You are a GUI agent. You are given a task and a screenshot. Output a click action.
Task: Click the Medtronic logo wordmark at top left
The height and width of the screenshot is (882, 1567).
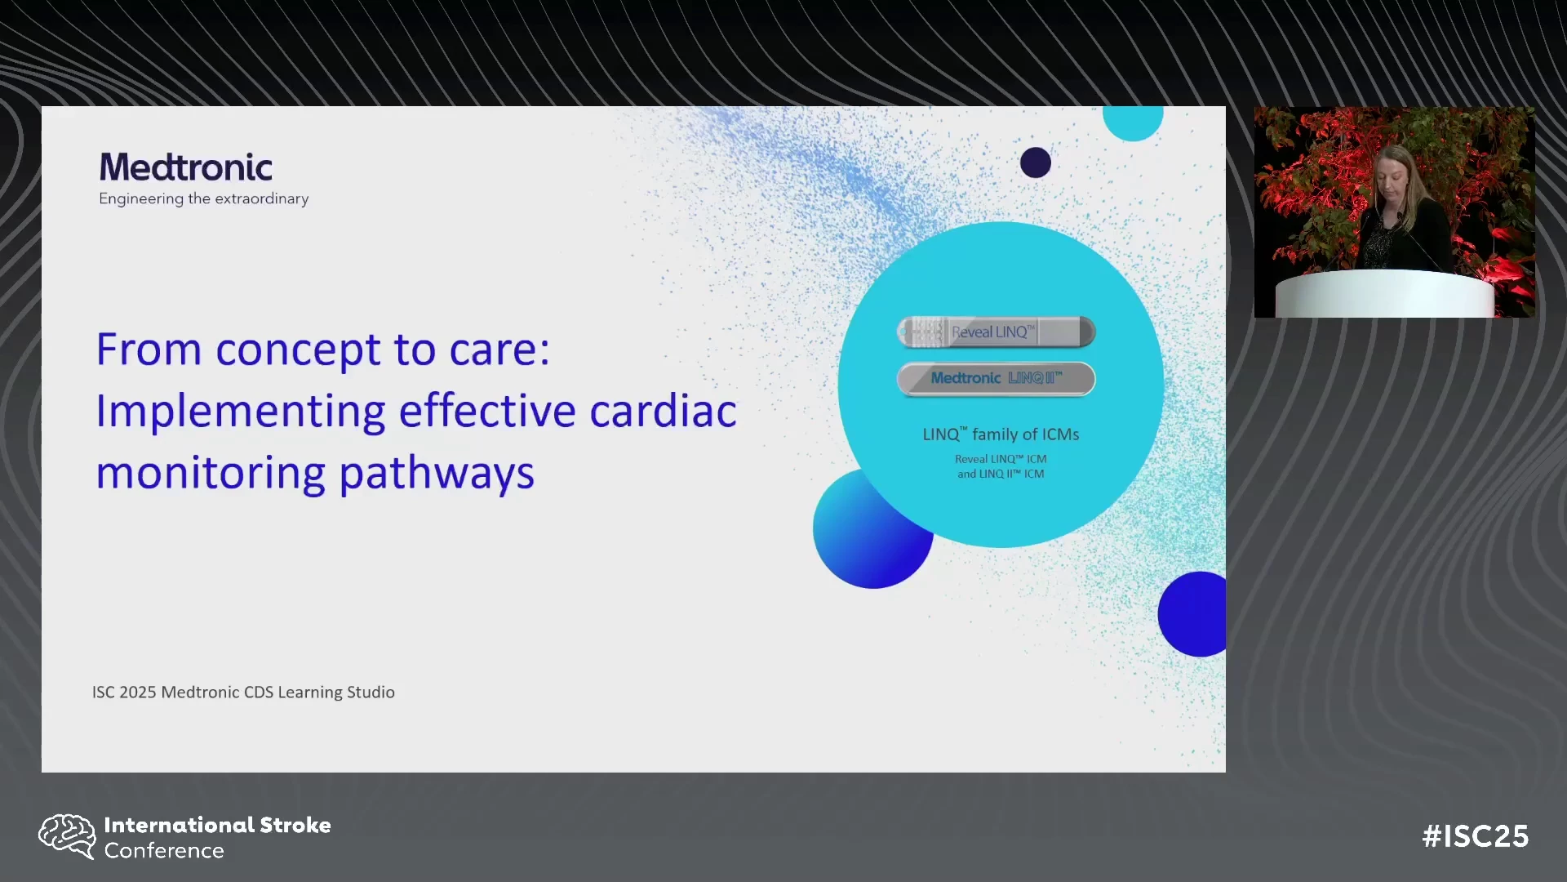tap(186, 167)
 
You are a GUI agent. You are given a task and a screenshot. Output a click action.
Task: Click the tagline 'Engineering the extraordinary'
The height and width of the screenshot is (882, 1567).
tap(204, 198)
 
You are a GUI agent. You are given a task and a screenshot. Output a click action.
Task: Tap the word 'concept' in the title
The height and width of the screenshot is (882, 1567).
tap(298, 350)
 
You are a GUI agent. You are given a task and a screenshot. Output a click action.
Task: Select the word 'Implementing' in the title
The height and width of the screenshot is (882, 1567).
tap(241, 412)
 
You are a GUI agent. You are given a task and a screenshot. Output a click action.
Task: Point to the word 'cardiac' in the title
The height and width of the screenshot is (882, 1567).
tap(663, 410)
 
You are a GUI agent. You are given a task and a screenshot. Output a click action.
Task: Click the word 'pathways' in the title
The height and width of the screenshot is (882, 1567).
tap(437, 474)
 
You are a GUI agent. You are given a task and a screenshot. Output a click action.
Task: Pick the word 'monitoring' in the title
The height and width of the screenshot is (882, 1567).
tap(211, 474)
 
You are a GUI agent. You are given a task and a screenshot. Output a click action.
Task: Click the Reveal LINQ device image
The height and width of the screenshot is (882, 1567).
tap(996, 332)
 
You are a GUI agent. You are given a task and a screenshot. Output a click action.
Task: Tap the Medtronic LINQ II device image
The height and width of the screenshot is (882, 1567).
tap(996, 379)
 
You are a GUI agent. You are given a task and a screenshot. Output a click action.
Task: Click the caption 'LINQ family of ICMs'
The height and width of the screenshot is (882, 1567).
tap(1001, 434)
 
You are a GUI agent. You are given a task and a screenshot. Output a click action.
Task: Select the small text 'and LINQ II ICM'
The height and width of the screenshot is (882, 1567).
tap(1001, 474)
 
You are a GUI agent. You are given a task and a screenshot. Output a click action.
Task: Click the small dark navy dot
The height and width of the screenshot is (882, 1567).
tap(1036, 163)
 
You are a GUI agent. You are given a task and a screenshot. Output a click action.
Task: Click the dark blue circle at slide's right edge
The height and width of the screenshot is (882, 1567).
tap(1193, 614)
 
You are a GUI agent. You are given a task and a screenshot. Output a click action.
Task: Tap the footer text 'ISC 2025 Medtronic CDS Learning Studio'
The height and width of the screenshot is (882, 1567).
tap(243, 692)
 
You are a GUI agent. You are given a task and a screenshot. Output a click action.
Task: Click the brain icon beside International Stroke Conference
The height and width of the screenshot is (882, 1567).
tap(68, 836)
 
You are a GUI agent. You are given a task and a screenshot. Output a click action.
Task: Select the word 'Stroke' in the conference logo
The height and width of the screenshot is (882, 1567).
tap(295, 825)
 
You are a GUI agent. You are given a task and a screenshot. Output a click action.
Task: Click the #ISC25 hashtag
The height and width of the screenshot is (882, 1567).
tap(1476, 836)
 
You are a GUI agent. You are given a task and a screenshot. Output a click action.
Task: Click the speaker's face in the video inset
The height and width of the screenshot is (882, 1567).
tap(1392, 173)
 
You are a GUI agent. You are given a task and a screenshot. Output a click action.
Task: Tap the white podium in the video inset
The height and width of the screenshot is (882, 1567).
tap(1385, 294)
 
